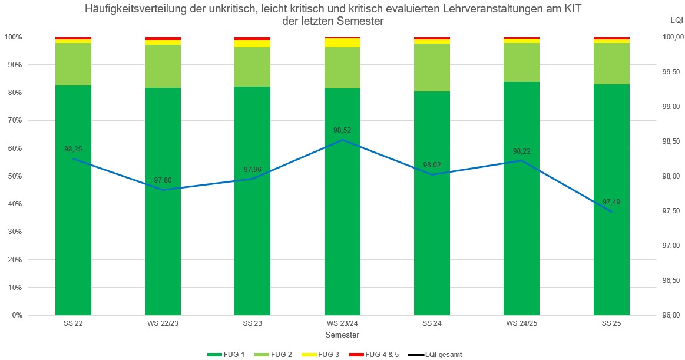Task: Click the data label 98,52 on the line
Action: click(342, 130)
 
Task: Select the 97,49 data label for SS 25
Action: click(611, 202)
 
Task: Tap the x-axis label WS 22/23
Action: click(163, 324)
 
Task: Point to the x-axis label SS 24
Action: click(432, 324)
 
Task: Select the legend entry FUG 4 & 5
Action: click(376, 354)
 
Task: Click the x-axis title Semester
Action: click(342, 334)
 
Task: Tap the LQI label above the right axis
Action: click(677, 21)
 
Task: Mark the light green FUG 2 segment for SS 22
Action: click(73, 64)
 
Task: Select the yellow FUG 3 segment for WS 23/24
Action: click(342, 42)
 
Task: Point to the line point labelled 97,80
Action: click(163, 190)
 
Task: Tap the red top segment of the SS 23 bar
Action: click(252, 38)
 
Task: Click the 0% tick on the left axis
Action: click(15, 315)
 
